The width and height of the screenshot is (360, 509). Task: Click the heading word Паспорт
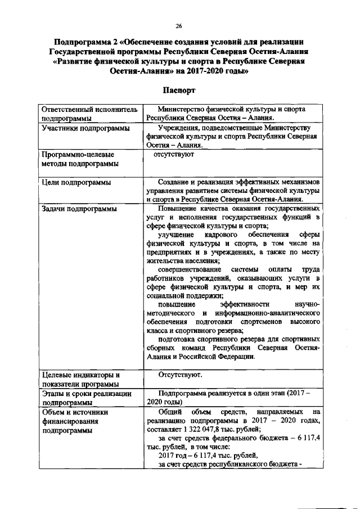click(179, 90)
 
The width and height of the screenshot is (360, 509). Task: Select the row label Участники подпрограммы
click(79, 128)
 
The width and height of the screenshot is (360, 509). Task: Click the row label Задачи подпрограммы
click(79, 209)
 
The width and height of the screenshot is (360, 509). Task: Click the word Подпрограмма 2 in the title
click(84, 42)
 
